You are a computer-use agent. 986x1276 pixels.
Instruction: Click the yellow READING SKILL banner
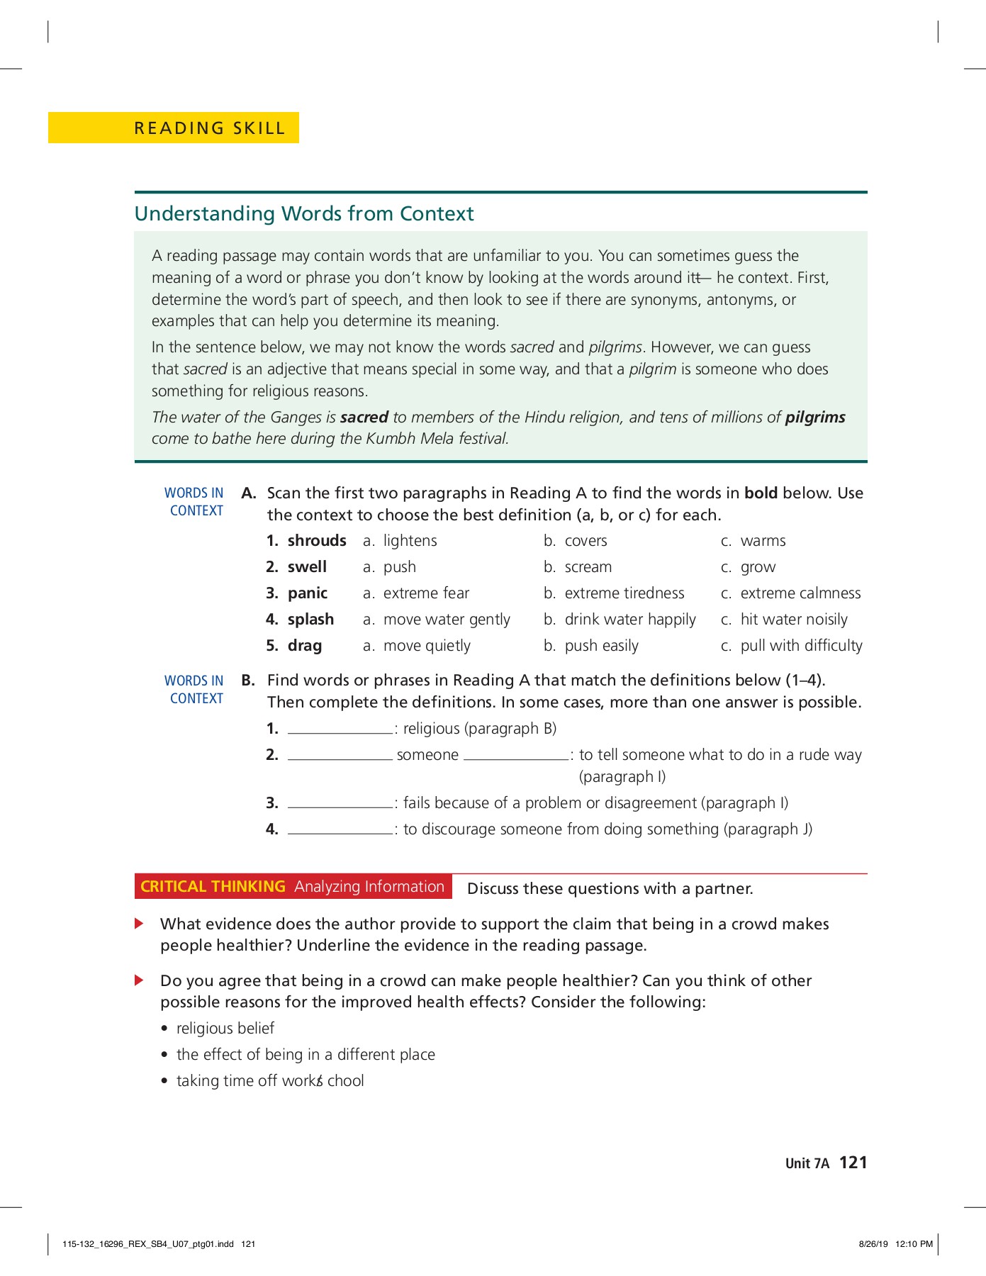click(x=174, y=128)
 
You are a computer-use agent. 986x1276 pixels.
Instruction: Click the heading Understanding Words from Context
click(x=304, y=213)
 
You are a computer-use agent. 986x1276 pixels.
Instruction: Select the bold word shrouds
click(x=317, y=541)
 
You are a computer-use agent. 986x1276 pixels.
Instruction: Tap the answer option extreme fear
click(x=426, y=593)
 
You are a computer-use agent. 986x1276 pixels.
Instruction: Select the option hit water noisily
click(x=793, y=620)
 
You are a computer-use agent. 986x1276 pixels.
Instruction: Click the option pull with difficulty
click(x=801, y=646)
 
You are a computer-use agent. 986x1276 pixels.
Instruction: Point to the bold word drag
click(x=305, y=646)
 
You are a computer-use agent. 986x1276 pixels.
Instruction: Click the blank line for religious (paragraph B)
click(x=340, y=730)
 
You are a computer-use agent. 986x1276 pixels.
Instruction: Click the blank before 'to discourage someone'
click(x=340, y=831)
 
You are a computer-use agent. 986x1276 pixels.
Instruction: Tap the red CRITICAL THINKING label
click(x=213, y=887)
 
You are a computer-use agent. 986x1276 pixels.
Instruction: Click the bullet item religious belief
click(x=225, y=1029)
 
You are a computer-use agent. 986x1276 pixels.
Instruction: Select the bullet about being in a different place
click(x=306, y=1055)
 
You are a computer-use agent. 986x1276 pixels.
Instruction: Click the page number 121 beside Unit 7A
click(x=853, y=1163)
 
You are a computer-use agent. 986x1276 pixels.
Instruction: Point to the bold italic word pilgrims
click(x=814, y=418)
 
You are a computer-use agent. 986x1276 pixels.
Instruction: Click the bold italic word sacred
click(x=364, y=418)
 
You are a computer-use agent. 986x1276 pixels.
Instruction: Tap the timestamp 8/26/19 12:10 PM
click(x=895, y=1244)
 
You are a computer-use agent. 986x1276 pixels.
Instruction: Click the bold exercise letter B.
click(x=248, y=681)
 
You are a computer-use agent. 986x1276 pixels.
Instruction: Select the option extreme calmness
click(x=800, y=593)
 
